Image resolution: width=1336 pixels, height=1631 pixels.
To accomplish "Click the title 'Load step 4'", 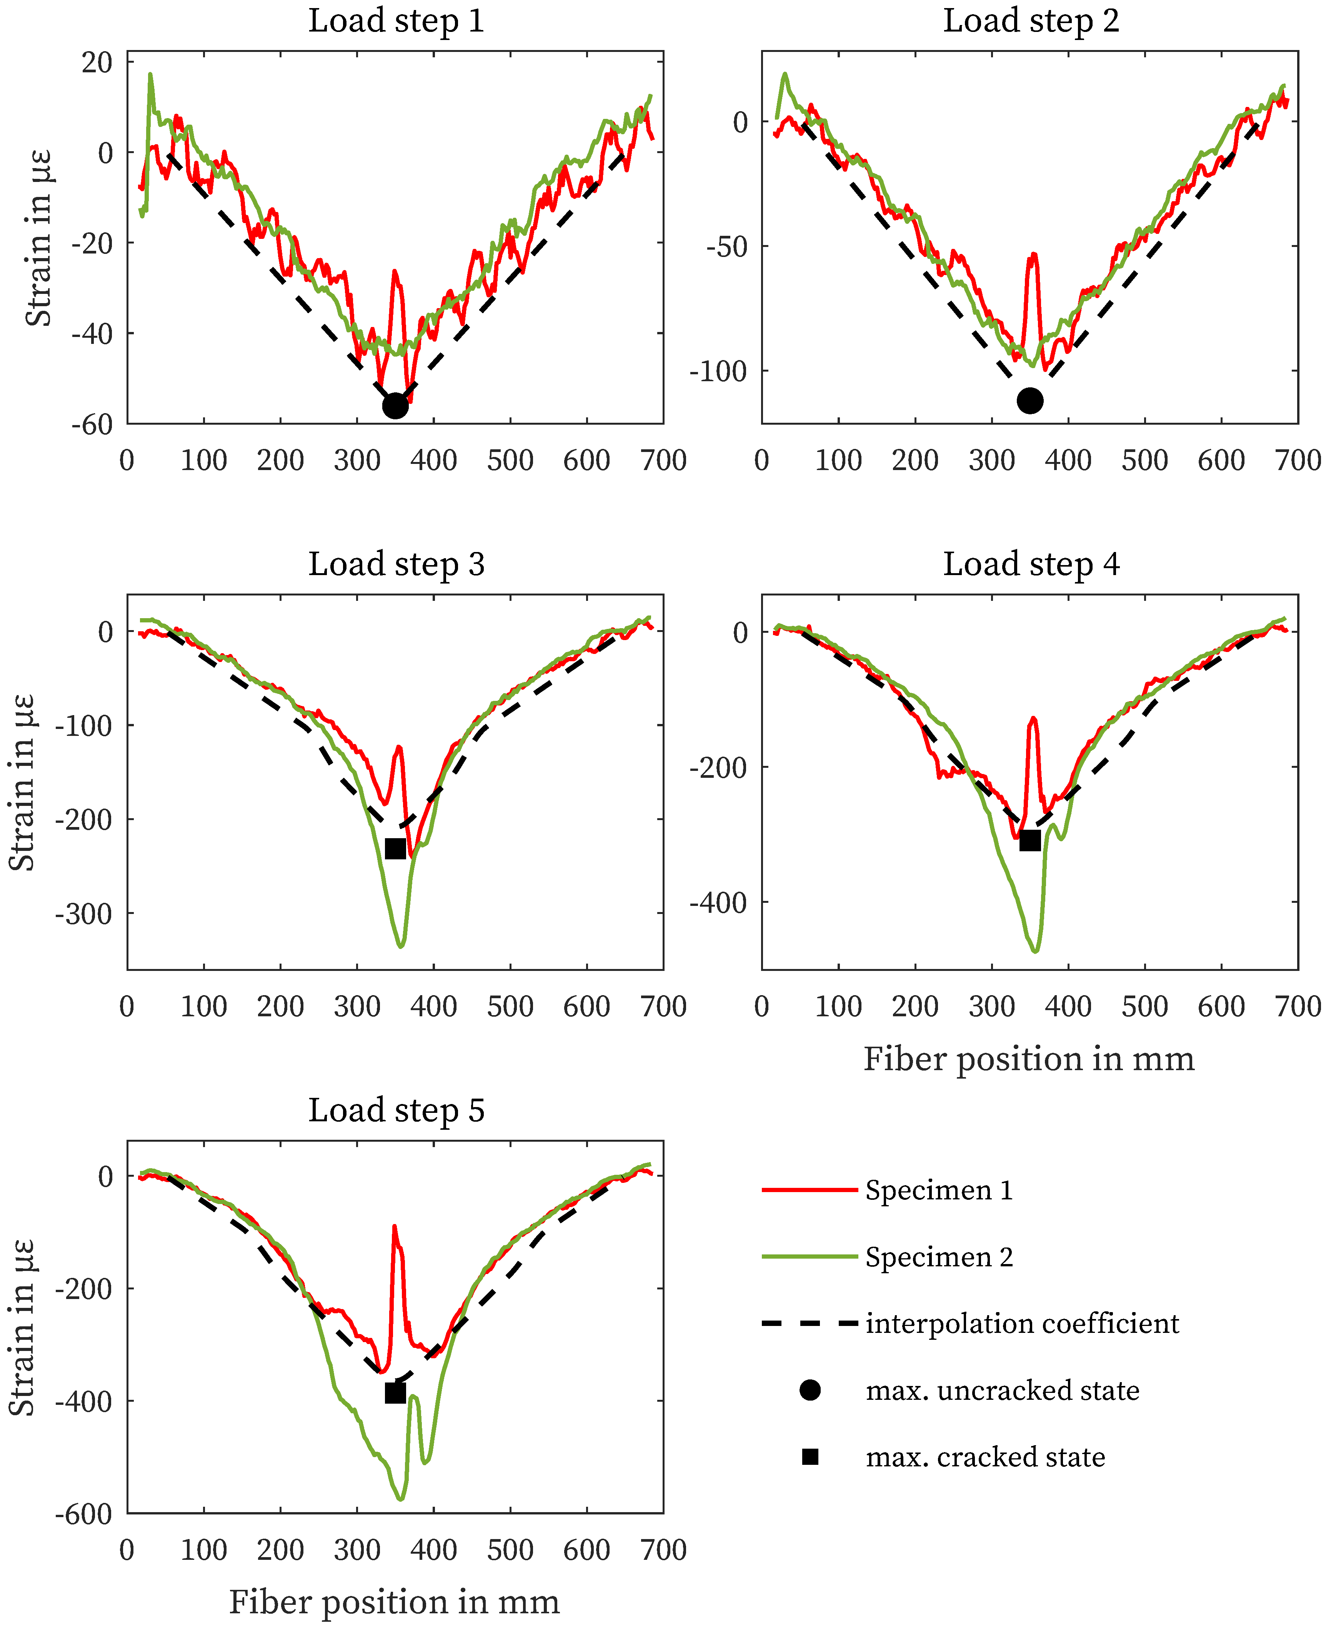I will (1031, 564).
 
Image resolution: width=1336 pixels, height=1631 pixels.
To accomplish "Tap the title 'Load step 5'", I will (396, 1111).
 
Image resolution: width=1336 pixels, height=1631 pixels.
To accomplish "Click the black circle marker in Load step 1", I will (395, 405).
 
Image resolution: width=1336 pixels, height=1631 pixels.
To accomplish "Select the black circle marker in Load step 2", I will (1030, 400).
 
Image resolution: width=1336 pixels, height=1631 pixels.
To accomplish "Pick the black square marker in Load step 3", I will (395, 848).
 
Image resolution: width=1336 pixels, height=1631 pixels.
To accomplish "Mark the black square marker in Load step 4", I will (1030, 841).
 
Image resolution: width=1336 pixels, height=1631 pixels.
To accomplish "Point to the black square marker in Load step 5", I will (395, 1393).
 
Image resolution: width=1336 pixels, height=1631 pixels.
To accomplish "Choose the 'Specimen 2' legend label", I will (939, 1257).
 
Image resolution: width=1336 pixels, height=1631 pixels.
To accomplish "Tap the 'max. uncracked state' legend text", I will (1002, 1390).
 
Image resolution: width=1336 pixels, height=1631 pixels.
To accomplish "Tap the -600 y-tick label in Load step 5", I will (83, 1514).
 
